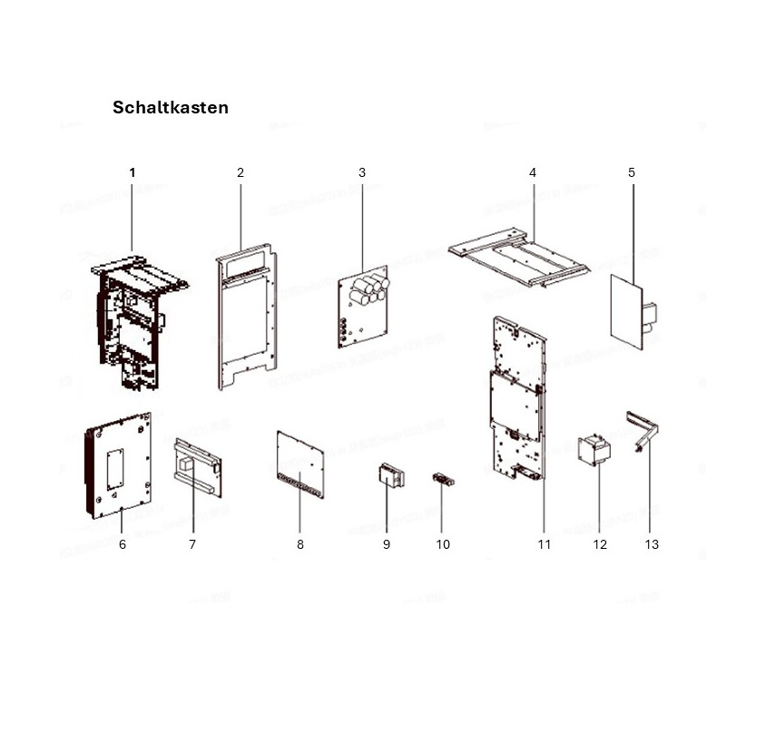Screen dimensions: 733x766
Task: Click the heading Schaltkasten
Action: pyautogui.click(x=170, y=108)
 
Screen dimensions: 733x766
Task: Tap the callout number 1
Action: pyautogui.click(x=132, y=172)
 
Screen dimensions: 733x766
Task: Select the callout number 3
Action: pyautogui.click(x=361, y=172)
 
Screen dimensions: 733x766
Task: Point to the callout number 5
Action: pyautogui.click(x=632, y=172)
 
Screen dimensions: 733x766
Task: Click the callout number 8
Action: pyautogui.click(x=300, y=544)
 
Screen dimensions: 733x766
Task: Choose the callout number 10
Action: pyautogui.click(x=443, y=544)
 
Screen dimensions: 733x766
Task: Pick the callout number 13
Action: pyautogui.click(x=652, y=544)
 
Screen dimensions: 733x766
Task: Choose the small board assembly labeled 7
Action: pyautogui.click(x=196, y=467)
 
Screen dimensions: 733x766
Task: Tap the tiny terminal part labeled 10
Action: pyautogui.click(x=442, y=479)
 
